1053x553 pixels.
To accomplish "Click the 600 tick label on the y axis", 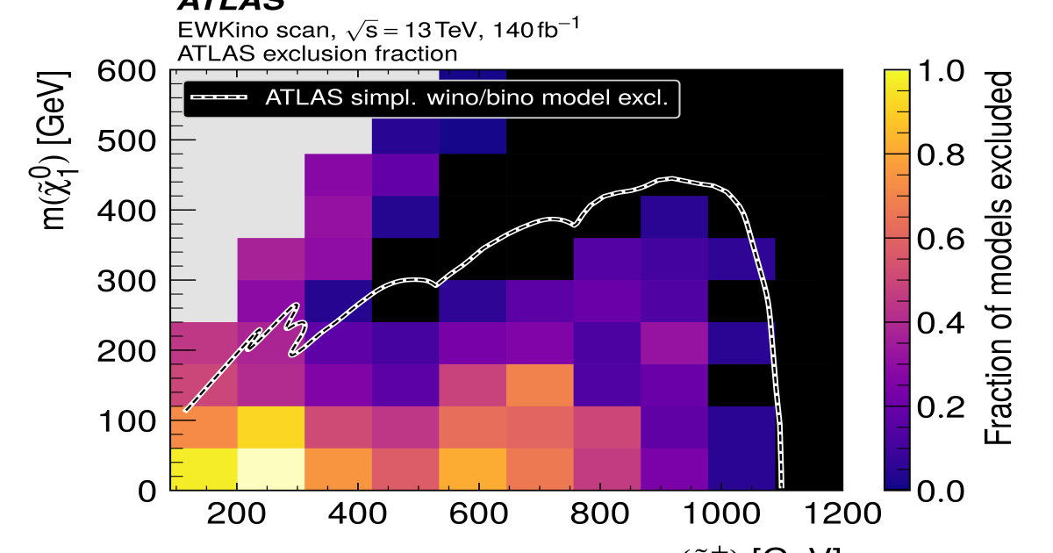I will click(x=128, y=70).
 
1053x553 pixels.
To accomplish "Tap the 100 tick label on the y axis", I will click(x=128, y=420).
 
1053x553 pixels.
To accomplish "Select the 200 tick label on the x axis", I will click(x=236, y=514).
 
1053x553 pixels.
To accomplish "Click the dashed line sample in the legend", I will click(x=222, y=98).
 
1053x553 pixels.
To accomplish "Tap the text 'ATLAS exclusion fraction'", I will click(x=318, y=53).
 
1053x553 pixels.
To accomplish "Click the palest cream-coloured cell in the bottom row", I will click(x=270, y=469).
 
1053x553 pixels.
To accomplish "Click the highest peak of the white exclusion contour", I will click(x=670, y=178).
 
